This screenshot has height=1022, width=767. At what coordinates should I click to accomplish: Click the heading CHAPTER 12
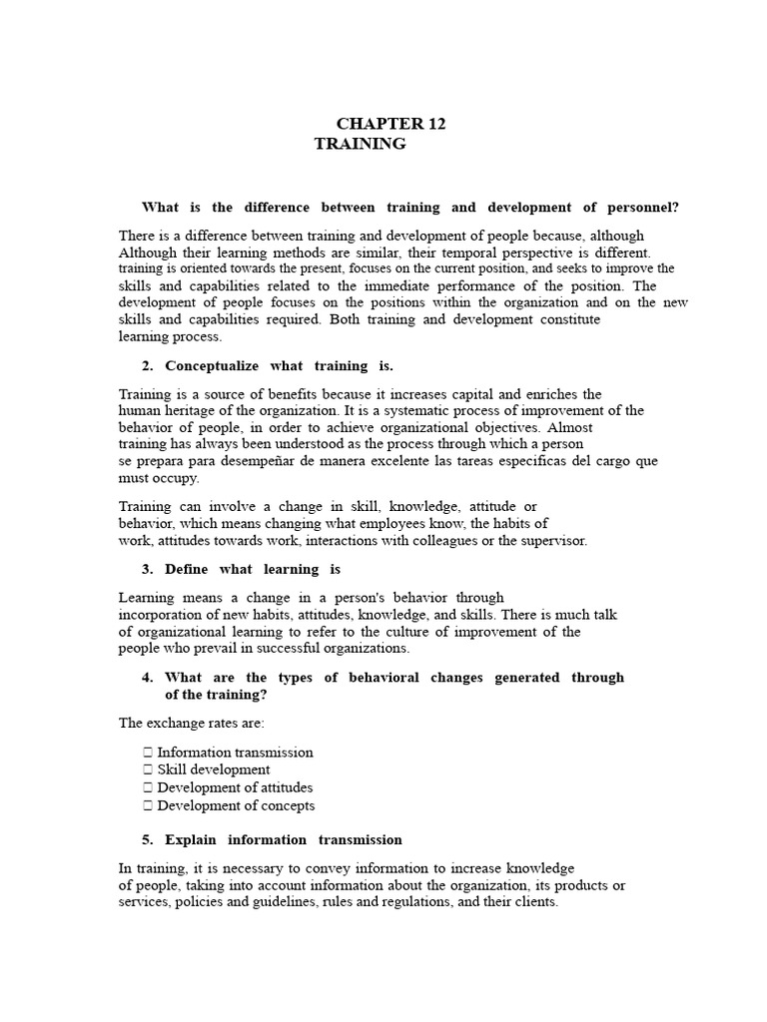click(390, 124)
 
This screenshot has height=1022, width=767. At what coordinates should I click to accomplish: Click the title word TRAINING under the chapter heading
click(361, 144)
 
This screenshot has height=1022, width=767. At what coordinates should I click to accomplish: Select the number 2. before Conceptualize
click(149, 366)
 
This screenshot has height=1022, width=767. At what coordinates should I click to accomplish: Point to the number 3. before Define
click(149, 569)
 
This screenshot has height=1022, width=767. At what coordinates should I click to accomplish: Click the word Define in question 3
click(187, 569)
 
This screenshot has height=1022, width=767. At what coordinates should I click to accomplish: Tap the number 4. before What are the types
click(149, 678)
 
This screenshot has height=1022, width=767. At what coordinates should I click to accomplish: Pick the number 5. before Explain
click(149, 839)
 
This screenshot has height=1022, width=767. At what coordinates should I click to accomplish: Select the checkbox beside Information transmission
click(148, 753)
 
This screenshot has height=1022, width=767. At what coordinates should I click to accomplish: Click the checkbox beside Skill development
click(148, 770)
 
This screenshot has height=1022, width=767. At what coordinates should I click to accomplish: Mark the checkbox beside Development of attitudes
click(148, 788)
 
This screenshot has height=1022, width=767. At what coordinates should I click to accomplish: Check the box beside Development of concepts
click(148, 806)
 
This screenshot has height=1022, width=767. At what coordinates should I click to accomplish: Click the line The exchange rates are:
click(192, 723)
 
